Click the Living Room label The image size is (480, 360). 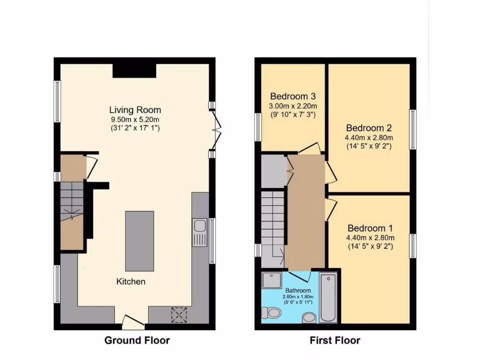coord(135,110)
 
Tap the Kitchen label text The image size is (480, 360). coord(131,282)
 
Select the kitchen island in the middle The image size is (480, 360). coord(139,241)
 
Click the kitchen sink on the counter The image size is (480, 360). coord(199,232)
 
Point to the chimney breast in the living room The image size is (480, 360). coord(134,70)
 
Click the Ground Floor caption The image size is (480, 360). coord(137,340)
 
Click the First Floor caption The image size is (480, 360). coord(335,340)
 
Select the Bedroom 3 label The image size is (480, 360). coord(292,97)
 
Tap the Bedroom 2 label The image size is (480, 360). coord(369,128)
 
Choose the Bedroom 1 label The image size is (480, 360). coord(370,228)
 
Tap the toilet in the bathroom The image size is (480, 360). coord(270,312)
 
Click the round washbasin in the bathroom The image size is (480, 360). coord(309,318)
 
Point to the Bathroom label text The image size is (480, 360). coord(298,291)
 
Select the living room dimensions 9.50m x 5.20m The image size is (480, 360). coord(135,120)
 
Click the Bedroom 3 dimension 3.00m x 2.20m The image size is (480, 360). coord(292,105)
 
